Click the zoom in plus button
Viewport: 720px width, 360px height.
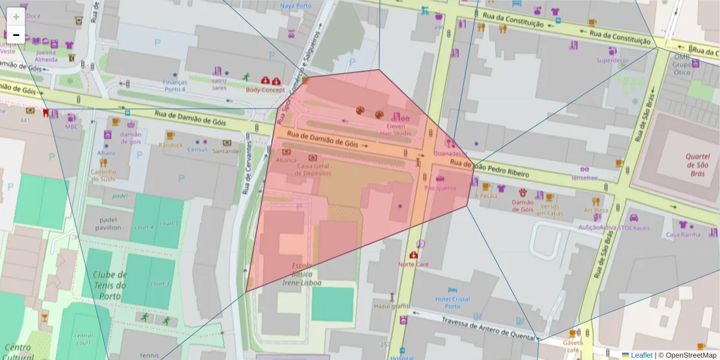pos(16,17)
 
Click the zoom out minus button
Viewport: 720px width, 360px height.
pos(16,35)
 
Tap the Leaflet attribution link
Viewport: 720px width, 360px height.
pos(641,355)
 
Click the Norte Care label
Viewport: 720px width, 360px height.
pos(413,264)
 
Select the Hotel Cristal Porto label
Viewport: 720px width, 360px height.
pos(453,302)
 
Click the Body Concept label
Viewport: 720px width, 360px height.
pos(265,90)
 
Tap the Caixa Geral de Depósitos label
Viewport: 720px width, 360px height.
pos(314,169)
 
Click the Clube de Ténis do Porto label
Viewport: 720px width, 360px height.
pos(109,286)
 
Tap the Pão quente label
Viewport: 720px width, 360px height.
pos(440,188)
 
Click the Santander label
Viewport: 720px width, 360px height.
pos(227,151)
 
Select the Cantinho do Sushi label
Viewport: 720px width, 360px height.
pos(103,175)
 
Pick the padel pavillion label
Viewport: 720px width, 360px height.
pos(108,223)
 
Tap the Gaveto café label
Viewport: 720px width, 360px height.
pos(573,346)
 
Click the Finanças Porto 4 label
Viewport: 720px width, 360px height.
pos(175,86)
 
